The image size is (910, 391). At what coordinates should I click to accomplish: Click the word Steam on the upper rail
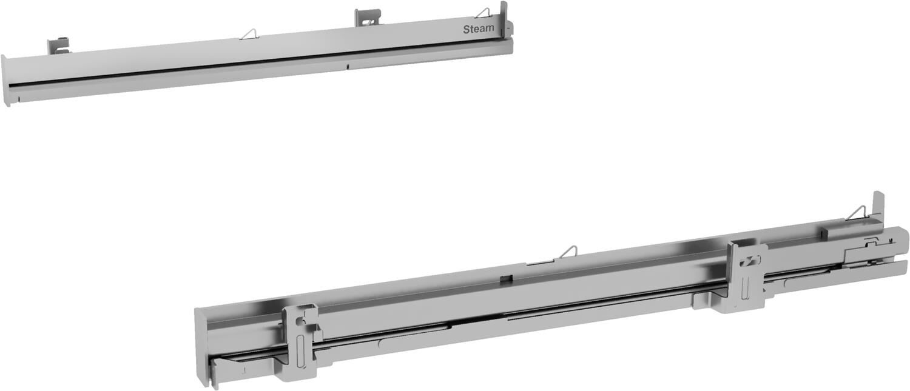[479, 29]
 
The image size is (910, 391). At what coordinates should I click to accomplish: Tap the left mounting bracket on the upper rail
[58, 45]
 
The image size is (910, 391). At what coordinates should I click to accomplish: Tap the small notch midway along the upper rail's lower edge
[348, 65]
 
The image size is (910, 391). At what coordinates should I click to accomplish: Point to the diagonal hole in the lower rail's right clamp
[752, 260]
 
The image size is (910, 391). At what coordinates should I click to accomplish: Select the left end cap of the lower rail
[201, 346]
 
